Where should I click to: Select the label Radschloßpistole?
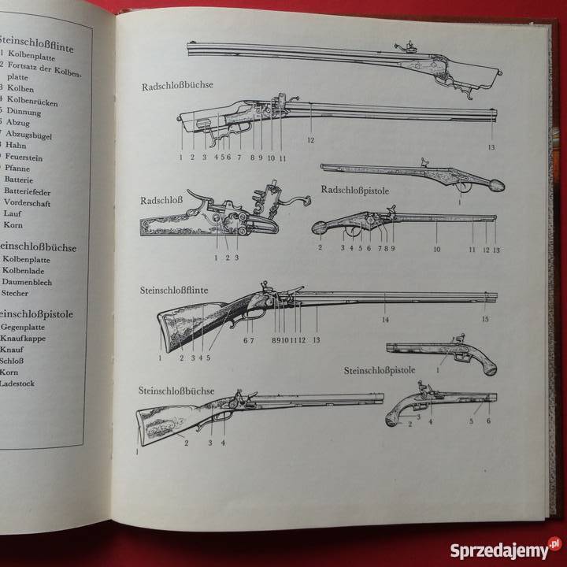click(x=355, y=190)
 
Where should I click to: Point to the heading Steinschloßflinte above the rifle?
click(x=174, y=291)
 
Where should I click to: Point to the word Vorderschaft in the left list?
click(x=28, y=202)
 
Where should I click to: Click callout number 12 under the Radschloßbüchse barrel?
click(x=311, y=140)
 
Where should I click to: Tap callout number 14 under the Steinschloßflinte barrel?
click(x=385, y=320)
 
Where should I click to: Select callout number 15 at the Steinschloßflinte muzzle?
click(x=485, y=319)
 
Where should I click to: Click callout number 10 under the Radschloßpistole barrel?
click(x=436, y=249)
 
